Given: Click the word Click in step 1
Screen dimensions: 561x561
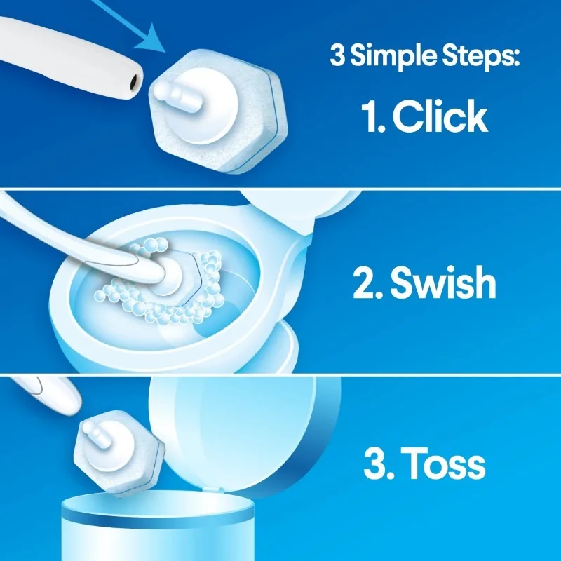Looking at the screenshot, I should pyautogui.click(x=440, y=117).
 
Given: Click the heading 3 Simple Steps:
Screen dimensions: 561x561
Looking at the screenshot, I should pyautogui.click(x=424, y=55).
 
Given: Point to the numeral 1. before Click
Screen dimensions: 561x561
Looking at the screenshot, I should pyautogui.click(x=374, y=117).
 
